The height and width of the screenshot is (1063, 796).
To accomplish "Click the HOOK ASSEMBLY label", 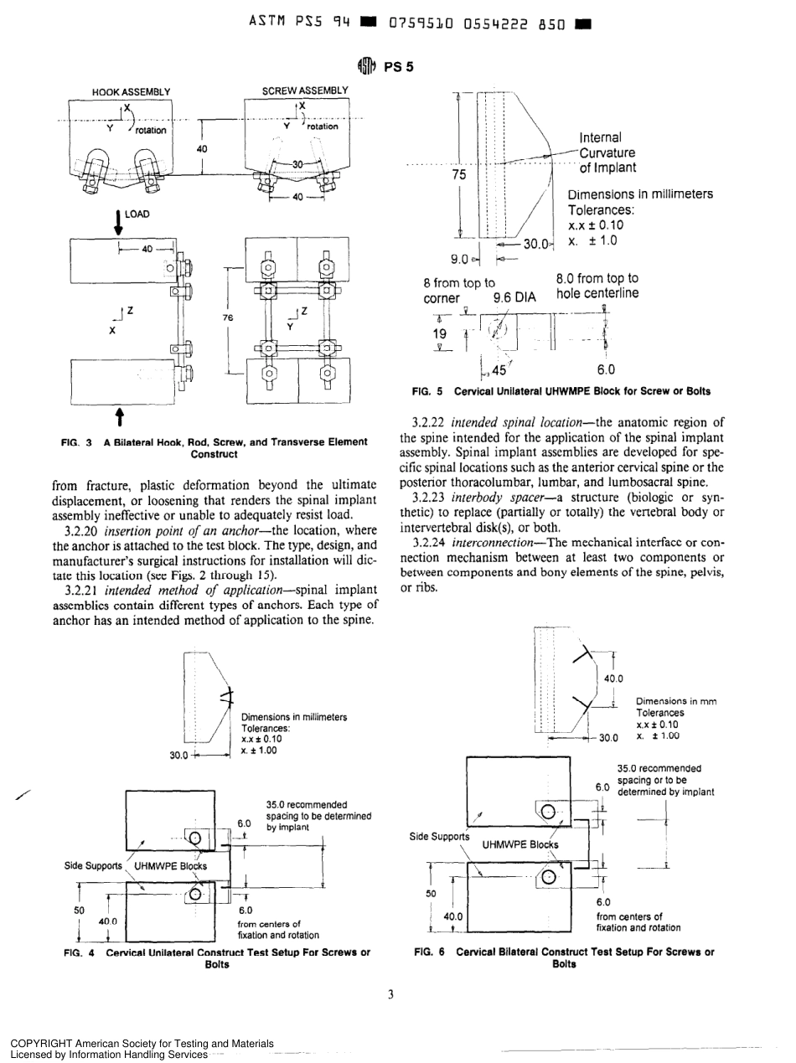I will [x=131, y=91].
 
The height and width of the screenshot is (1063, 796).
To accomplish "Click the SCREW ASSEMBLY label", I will [x=304, y=90].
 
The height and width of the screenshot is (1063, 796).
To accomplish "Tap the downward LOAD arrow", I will [x=119, y=219].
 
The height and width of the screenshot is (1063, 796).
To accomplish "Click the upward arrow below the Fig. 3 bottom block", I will [x=119, y=416].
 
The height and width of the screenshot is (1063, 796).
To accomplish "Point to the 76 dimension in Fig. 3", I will [x=227, y=317].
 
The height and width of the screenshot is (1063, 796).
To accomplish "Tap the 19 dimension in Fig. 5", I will [x=441, y=333].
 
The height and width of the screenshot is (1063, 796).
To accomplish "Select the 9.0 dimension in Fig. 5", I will [x=458, y=259].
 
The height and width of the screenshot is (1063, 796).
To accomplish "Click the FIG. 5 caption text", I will [x=561, y=391].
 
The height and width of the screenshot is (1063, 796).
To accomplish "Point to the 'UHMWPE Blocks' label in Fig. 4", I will [x=171, y=865].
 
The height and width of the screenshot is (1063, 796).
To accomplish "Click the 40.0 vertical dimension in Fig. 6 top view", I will [x=614, y=679].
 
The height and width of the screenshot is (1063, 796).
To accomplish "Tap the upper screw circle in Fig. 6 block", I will [x=547, y=811].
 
